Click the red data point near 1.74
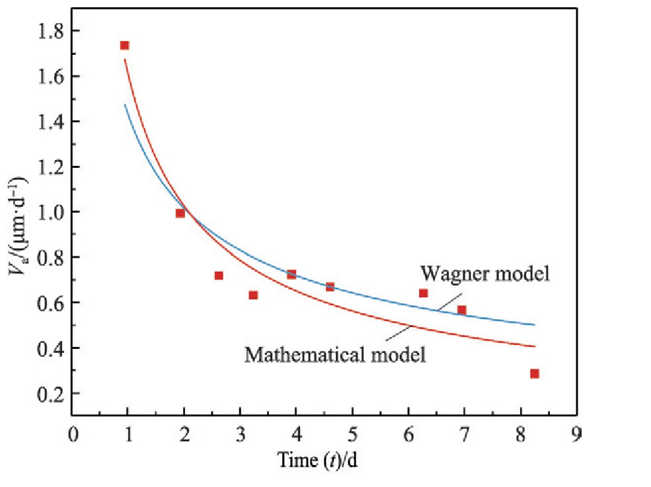coord(124,46)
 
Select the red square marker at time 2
coord(180,213)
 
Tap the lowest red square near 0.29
coord(534,373)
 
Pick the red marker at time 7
coord(462,310)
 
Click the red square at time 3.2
coord(253,295)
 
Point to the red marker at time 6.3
coord(423,293)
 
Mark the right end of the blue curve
coord(534,324)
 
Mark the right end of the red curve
coord(534,346)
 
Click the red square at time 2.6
coord(219,276)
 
